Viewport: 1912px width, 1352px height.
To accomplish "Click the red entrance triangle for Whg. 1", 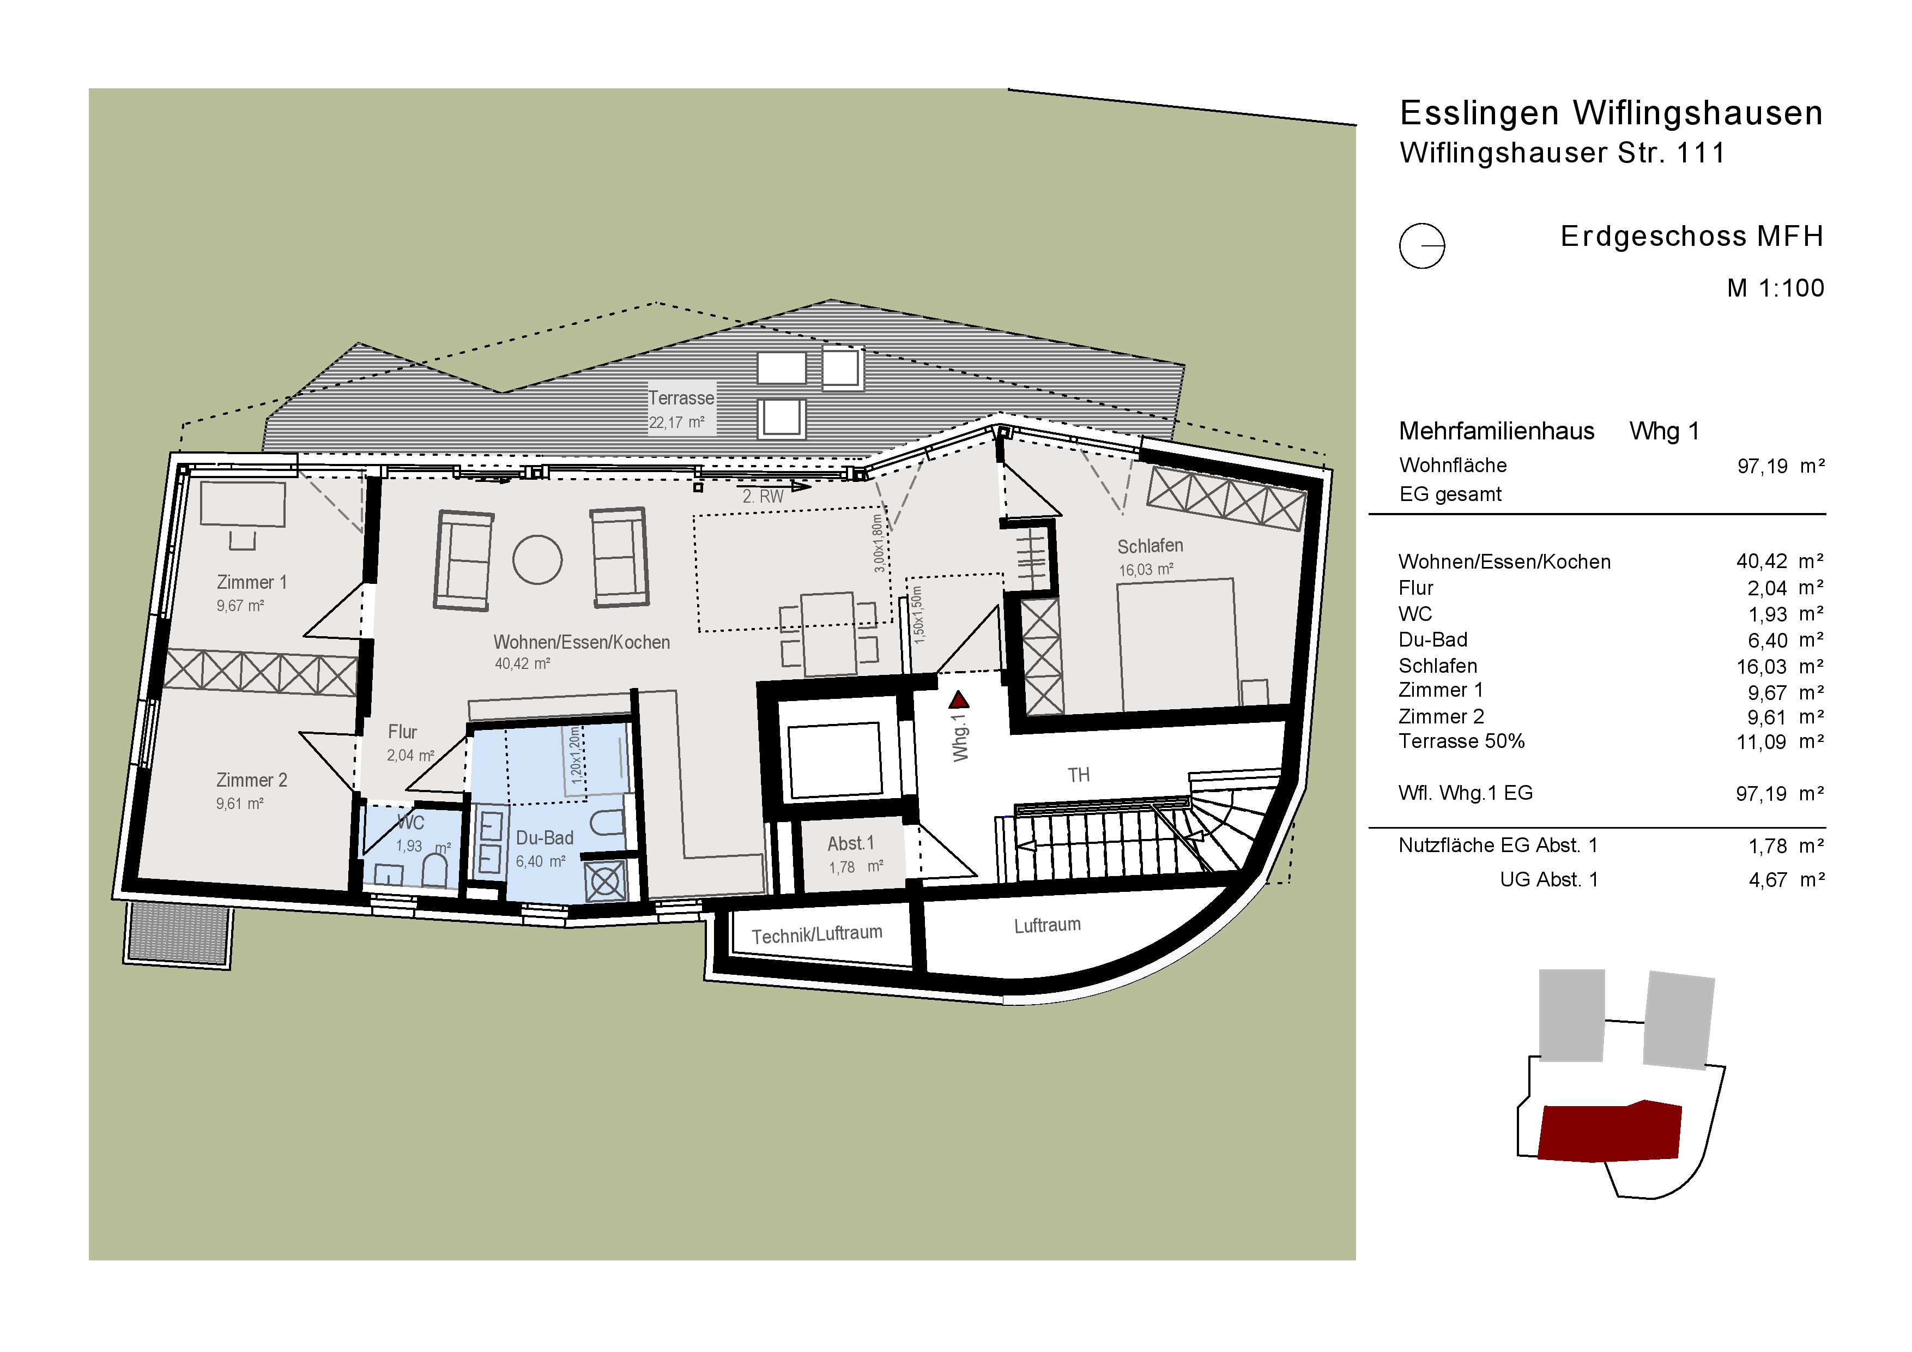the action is coord(959,699).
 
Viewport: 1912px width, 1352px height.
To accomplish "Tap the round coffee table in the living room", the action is coord(537,559).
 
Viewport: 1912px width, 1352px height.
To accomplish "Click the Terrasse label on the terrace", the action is coord(681,398).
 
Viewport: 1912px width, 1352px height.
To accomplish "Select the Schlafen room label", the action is coord(1150,546).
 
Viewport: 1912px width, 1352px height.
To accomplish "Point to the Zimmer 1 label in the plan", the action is coord(251,582).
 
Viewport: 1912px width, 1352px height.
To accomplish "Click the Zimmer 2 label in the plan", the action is coord(251,781).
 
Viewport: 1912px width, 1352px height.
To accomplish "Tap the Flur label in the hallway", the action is coord(402,732).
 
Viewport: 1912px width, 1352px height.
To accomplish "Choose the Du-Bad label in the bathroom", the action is coord(544,838).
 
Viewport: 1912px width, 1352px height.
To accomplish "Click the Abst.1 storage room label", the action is coord(850,844).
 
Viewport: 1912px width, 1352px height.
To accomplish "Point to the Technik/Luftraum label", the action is coord(817,934).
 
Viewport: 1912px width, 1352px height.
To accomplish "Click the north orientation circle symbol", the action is coord(1421,246).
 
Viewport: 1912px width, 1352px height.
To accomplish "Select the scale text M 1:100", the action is coord(1775,288).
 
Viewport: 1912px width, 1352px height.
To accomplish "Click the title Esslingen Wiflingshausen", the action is coord(1611,113).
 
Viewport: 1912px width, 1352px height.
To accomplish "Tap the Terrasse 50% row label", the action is coord(1461,741).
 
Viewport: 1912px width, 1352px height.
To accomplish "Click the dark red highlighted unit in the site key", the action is coord(1609,1131).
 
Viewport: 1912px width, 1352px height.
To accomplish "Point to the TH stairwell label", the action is coord(1079,776).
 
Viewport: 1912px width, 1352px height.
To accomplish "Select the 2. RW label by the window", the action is coord(763,497).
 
